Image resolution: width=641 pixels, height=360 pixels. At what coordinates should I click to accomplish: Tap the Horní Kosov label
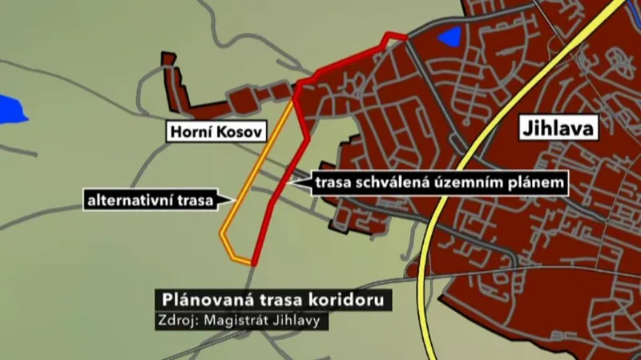point(216,131)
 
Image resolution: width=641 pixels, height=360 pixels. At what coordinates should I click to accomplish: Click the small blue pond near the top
point(450,36)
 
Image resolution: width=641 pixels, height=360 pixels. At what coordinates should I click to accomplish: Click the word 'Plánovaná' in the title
point(200,301)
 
